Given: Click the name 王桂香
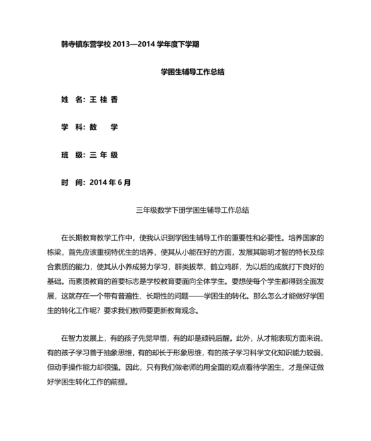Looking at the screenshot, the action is (x=103, y=99).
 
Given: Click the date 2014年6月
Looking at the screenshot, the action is (x=110, y=182).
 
